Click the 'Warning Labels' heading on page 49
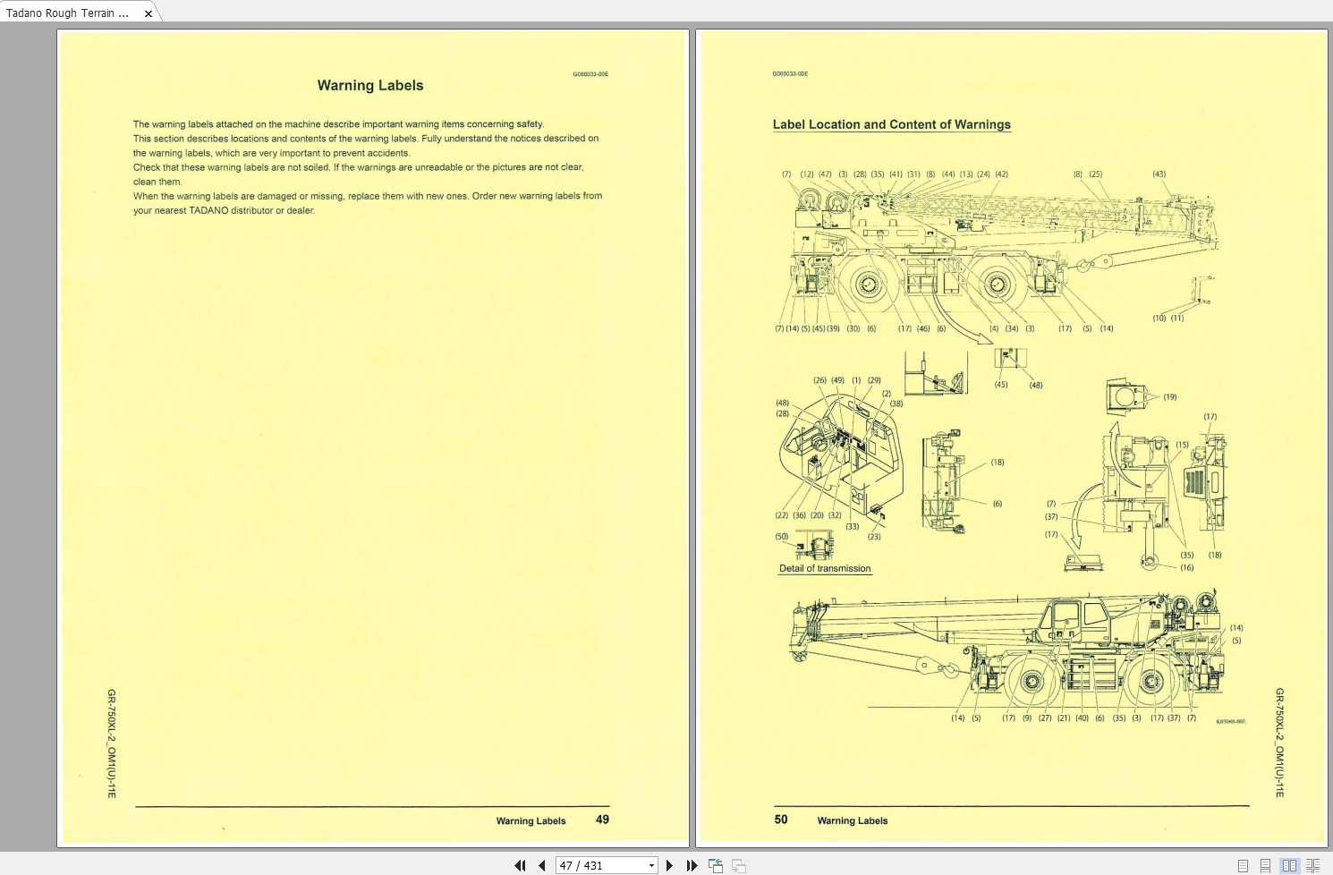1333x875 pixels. tap(370, 86)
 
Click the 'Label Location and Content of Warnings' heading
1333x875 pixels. tap(891, 125)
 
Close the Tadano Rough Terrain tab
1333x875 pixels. tap(149, 13)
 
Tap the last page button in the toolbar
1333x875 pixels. tap(692, 865)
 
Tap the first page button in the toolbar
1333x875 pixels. tap(520, 865)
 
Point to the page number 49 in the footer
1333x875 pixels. tap(602, 820)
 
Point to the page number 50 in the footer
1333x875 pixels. tap(781, 820)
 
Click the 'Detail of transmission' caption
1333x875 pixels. tap(824, 569)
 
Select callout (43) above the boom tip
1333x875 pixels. tap(1159, 174)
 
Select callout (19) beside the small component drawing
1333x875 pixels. tap(1169, 397)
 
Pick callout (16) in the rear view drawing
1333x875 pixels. tap(1186, 568)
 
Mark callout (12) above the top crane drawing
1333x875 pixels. tap(807, 174)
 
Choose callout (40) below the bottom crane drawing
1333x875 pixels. tap(1082, 718)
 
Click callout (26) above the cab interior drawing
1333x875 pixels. tap(819, 380)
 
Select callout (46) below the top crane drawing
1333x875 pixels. tap(923, 329)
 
